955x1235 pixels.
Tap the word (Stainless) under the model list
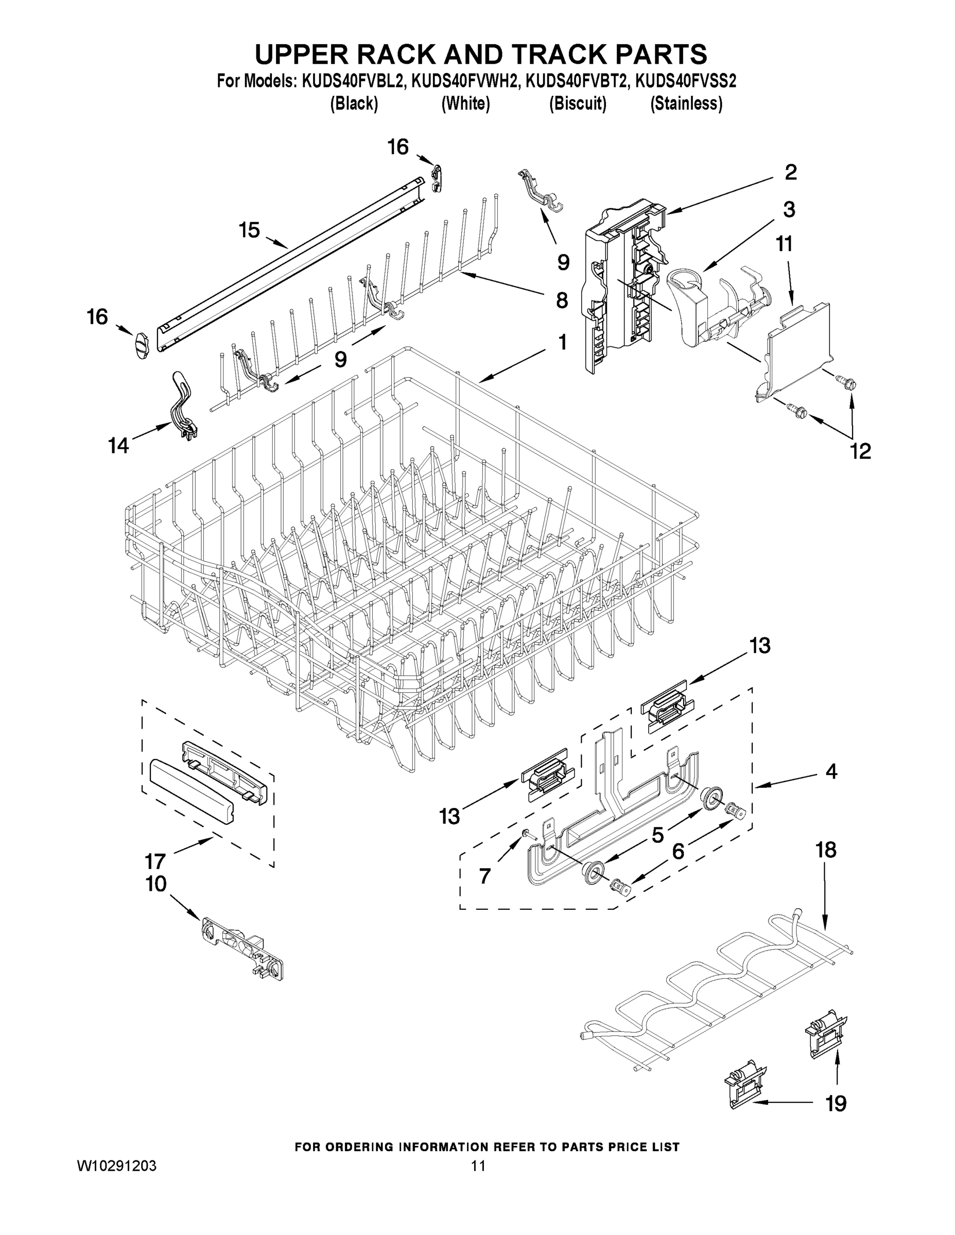[686, 104]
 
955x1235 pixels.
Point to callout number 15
[249, 230]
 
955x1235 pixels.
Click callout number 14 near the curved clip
[118, 446]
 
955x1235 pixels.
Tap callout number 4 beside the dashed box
[830, 771]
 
